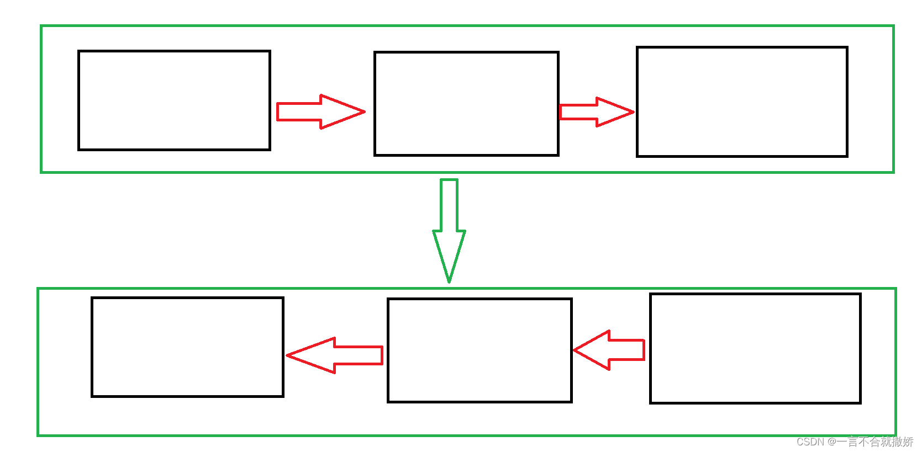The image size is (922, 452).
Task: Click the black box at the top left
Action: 174,100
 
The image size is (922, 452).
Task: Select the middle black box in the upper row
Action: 466,104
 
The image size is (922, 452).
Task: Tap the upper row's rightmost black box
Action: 742,102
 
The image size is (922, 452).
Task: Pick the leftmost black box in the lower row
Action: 187,347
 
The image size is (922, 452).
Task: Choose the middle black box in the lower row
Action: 480,350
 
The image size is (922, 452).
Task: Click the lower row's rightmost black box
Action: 755,348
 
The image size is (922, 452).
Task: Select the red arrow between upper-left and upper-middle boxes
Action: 320,111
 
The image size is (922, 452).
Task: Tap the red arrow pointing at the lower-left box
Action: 335,355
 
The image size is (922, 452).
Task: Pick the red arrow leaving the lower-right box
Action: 609,350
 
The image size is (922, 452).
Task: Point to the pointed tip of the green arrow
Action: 449,280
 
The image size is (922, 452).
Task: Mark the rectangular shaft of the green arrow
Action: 449,204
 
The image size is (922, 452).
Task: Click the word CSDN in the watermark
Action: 810,442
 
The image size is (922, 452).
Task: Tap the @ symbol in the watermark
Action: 831,442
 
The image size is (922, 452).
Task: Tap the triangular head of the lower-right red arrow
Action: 594,350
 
